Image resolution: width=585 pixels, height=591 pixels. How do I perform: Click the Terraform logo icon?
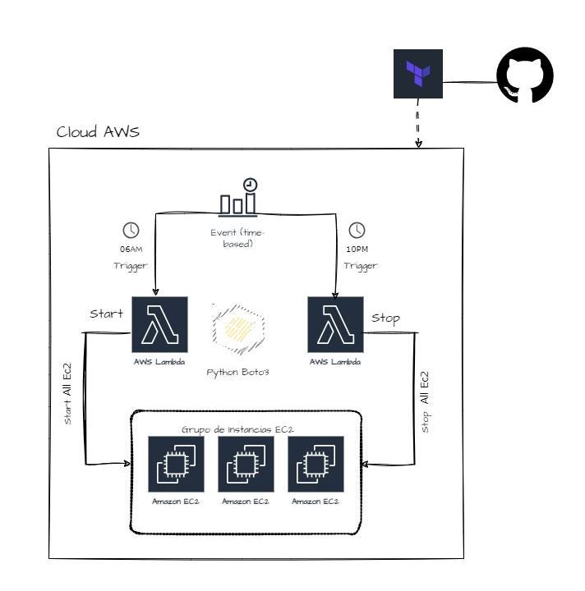click(x=417, y=74)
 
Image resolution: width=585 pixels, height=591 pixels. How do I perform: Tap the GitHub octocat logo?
click(x=525, y=75)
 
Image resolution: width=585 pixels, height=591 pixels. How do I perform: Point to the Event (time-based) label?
click(x=237, y=238)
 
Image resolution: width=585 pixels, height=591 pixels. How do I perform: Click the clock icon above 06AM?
click(x=131, y=231)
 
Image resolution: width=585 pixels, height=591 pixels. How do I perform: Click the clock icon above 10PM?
click(x=357, y=231)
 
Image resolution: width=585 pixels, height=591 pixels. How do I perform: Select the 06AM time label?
click(x=131, y=250)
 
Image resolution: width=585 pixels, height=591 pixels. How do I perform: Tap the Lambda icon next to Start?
click(x=160, y=324)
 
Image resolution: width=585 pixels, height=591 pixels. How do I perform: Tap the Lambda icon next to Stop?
click(x=335, y=324)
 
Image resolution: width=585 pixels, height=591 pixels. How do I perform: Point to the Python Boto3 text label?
click(x=237, y=372)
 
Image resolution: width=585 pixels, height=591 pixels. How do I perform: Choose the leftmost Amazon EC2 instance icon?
click(x=175, y=464)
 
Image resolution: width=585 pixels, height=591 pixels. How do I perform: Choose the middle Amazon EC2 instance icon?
click(x=246, y=464)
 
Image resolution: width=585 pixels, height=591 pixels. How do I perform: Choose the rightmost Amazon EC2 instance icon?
click(x=316, y=464)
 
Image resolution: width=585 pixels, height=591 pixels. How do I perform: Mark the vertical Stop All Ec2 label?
click(x=425, y=401)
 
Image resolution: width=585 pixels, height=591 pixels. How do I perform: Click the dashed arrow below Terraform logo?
click(x=418, y=123)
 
